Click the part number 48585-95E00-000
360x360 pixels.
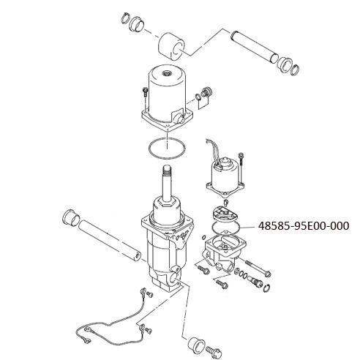click(304, 226)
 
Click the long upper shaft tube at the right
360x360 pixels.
click(255, 46)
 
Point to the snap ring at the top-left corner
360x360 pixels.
click(125, 18)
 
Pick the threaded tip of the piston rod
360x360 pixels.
click(167, 170)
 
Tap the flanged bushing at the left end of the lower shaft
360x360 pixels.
click(71, 217)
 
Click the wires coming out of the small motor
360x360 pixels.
click(213, 151)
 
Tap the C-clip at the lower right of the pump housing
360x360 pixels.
click(267, 288)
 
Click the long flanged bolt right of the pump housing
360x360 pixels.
click(258, 269)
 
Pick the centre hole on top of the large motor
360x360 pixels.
click(168, 72)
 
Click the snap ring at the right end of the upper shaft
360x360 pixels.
click(296, 70)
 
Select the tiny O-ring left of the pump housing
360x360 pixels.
click(203, 237)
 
